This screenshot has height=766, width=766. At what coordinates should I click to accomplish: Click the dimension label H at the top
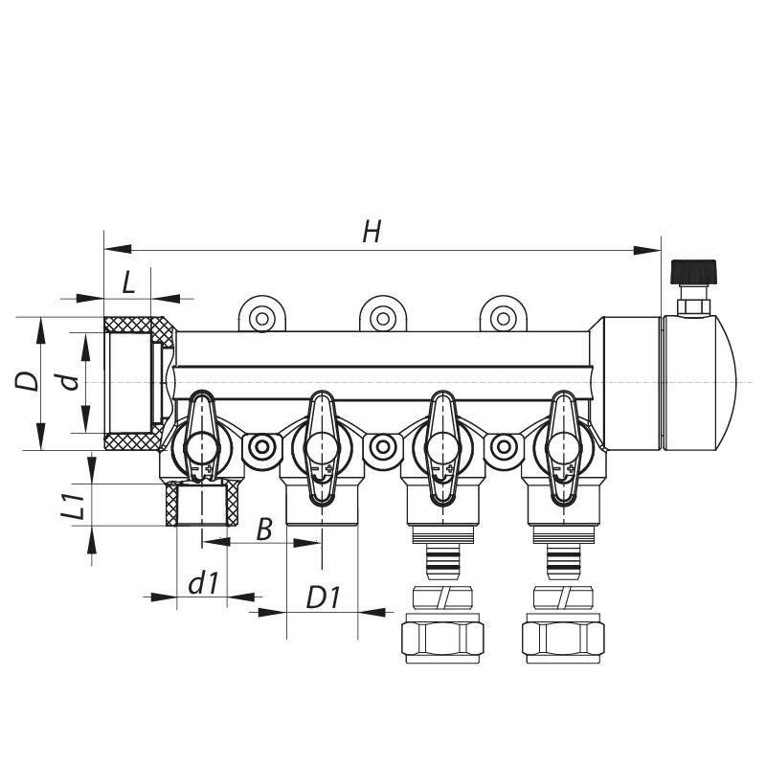[x=372, y=231]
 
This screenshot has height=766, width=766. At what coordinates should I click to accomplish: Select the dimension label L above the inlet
[x=128, y=282]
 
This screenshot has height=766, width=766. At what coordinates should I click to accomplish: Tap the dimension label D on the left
[x=28, y=380]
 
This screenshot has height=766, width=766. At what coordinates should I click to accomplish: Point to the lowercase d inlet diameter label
[x=68, y=382]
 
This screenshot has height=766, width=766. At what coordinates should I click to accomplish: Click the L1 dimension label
[x=81, y=505]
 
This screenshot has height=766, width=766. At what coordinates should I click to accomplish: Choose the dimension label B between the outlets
[x=265, y=529]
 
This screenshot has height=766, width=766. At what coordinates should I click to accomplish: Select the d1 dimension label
[x=202, y=583]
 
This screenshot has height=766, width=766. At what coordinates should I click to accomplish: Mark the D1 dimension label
[x=323, y=597]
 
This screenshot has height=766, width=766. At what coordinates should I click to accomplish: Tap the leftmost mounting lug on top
[x=260, y=316]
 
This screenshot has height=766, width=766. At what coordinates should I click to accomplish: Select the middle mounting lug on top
[x=381, y=316]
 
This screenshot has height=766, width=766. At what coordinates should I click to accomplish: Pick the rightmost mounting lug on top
[x=502, y=316]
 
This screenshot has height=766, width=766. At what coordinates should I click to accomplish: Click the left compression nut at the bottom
[x=441, y=636]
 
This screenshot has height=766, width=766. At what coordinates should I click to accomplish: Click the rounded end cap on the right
[x=694, y=382]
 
